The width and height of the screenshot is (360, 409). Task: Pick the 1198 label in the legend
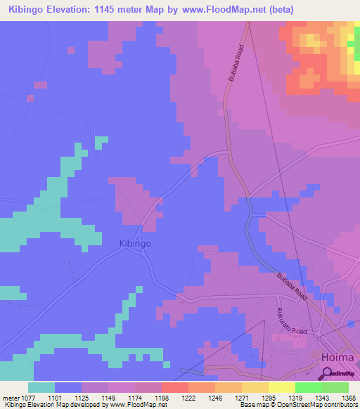point(161,398)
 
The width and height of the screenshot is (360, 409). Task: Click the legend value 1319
point(295,398)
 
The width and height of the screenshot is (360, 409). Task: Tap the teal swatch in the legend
point(41,387)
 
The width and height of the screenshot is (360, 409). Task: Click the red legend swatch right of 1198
point(174,387)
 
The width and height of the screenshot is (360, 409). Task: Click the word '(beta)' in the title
point(278,10)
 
